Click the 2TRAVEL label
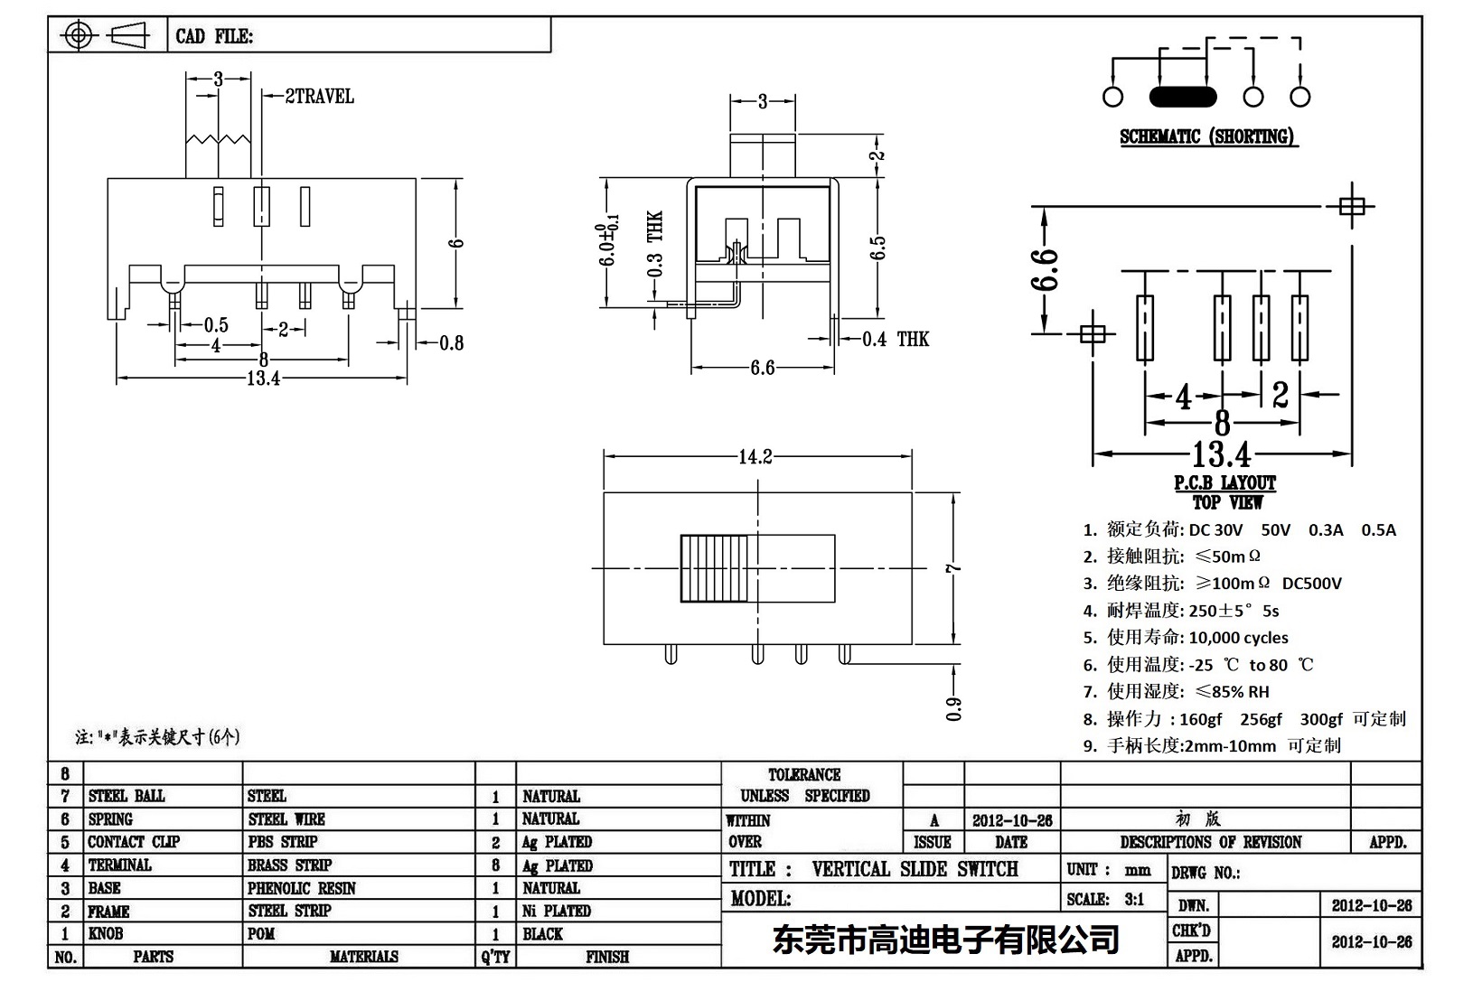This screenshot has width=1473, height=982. (x=319, y=96)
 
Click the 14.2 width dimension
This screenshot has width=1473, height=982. (x=755, y=457)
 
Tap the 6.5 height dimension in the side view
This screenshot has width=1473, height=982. (x=877, y=247)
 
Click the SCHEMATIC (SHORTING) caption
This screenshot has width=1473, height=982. (x=1206, y=137)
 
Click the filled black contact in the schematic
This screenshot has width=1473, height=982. (x=1183, y=97)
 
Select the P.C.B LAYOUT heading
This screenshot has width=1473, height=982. (x=1224, y=483)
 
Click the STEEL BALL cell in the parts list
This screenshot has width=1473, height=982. (x=127, y=796)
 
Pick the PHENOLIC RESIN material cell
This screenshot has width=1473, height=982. (x=302, y=888)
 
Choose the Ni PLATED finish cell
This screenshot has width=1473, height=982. (x=557, y=911)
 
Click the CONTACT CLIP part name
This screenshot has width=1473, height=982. (x=134, y=842)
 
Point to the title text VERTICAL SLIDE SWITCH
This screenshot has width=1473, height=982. (x=915, y=869)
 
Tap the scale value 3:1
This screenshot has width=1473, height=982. (x=1133, y=899)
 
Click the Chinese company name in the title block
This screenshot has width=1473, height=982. (x=945, y=940)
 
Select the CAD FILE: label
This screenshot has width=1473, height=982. (x=214, y=36)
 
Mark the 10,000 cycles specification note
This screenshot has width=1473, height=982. (x=1238, y=638)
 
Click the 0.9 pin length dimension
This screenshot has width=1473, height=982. (x=954, y=709)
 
